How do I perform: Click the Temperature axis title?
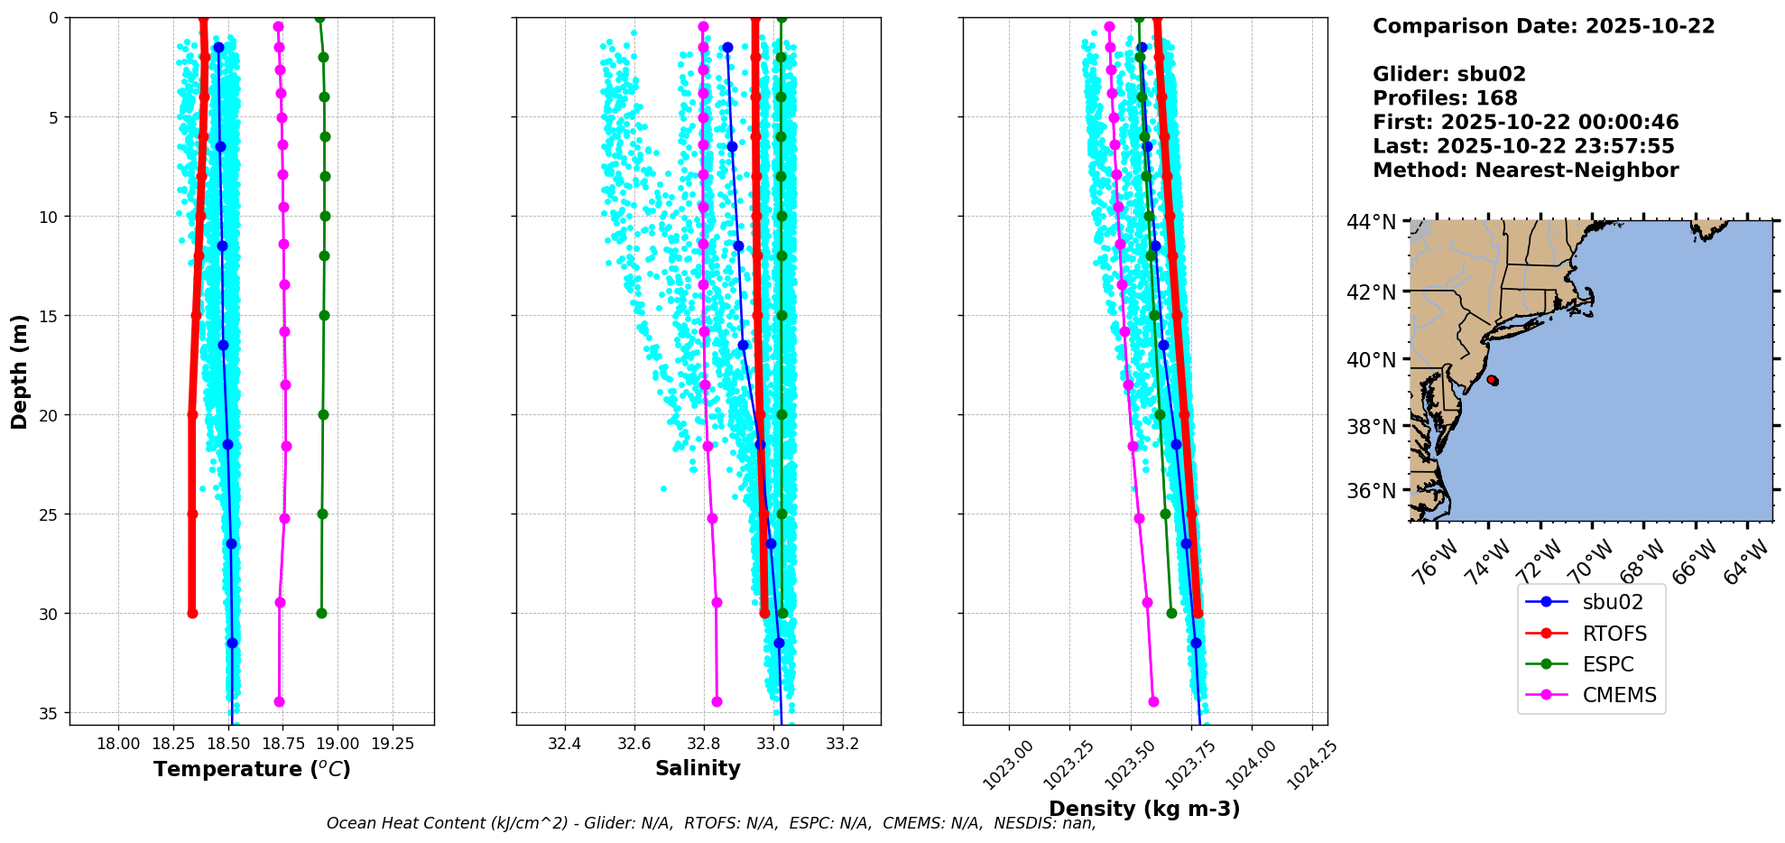coord(252,769)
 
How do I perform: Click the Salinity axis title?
coord(698,768)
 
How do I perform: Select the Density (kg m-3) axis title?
coord(1144,809)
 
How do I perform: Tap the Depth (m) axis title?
coord(20,371)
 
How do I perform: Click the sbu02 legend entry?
coord(1613,602)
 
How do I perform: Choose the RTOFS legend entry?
coord(1614,634)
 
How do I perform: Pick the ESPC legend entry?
coord(1608,664)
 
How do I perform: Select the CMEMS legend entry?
coord(1619,695)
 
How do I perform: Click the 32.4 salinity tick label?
coord(565,744)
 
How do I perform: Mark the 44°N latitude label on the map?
coord(1372,222)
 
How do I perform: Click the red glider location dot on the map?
coord(1492,380)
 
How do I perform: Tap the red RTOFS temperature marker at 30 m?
coord(192,613)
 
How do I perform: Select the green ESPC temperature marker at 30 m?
coord(321,613)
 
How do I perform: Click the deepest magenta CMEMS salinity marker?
coord(717,701)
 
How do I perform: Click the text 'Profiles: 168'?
coord(1445,98)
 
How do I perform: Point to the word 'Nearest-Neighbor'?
coord(1577,171)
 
